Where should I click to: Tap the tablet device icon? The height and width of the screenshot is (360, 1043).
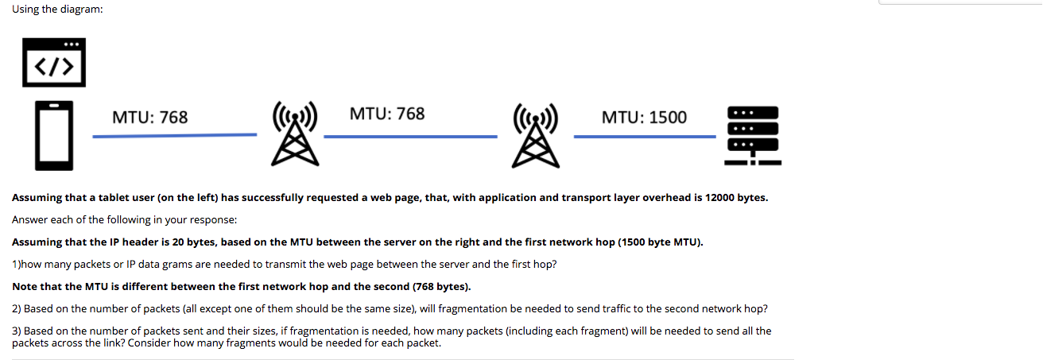tap(54, 135)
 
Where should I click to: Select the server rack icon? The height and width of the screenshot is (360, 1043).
tap(751, 136)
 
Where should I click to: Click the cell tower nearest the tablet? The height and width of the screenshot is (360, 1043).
tap(295, 133)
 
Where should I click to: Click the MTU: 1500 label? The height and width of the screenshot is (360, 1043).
tap(644, 118)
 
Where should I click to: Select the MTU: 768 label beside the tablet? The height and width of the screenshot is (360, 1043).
tap(149, 118)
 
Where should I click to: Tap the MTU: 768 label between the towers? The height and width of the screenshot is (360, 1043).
tap(387, 114)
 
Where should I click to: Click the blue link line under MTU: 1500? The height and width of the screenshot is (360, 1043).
tap(645, 137)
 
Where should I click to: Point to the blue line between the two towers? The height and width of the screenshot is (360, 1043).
tap(409, 137)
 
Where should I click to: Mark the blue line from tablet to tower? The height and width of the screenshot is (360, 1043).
tap(174, 136)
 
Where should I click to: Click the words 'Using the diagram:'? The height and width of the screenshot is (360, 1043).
tap(57, 9)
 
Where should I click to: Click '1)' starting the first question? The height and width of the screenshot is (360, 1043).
tap(17, 264)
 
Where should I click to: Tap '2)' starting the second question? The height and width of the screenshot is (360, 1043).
tap(17, 308)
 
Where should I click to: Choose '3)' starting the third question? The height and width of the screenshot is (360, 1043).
tap(17, 331)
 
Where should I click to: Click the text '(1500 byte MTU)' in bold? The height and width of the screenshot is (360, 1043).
tap(660, 242)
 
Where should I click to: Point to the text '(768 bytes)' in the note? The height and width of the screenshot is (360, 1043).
tap(441, 286)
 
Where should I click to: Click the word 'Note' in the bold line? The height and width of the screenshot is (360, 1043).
tap(25, 286)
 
